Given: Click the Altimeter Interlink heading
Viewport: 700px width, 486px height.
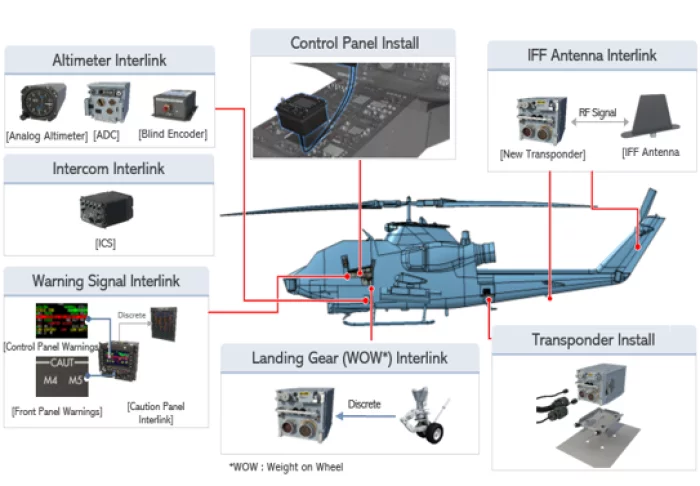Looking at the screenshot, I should [109, 59].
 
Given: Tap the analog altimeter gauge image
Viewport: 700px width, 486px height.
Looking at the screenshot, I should [44, 103].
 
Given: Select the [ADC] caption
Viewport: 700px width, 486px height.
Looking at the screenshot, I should [106, 134].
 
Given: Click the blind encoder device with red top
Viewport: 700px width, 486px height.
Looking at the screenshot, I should [175, 105].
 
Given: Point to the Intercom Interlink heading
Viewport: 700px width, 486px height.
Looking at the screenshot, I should [109, 169].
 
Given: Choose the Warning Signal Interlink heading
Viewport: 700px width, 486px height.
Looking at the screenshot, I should [106, 280].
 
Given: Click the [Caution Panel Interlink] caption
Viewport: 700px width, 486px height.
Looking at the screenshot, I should [156, 412].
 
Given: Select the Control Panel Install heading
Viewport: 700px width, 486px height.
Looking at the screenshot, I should [354, 43].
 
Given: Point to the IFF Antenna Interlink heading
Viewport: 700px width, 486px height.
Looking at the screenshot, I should [592, 55].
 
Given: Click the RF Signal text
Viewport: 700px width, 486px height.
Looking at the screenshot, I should [597, 114].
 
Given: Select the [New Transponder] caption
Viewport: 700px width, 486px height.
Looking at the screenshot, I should [542, 154].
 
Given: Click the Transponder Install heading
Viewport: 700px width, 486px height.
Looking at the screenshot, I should [593, 339].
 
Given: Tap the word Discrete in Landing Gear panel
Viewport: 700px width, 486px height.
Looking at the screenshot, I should [364, 404].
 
